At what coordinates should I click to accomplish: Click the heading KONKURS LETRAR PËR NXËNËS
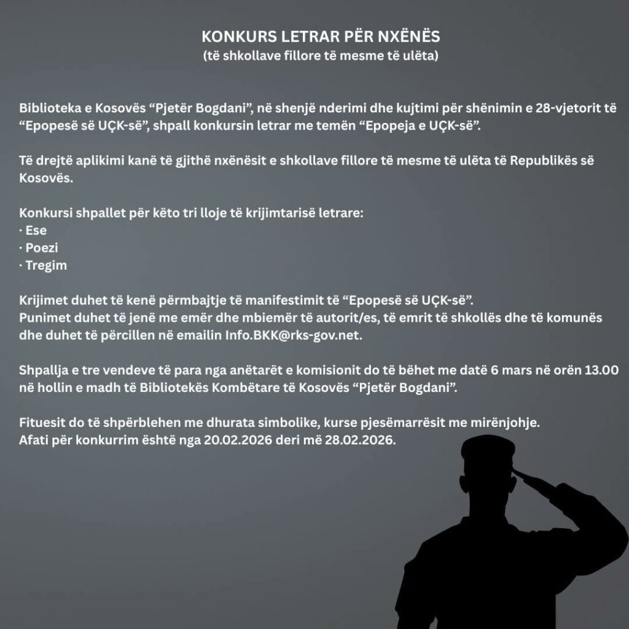321,36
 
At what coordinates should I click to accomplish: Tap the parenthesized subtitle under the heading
321,56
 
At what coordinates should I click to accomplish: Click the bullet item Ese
36,231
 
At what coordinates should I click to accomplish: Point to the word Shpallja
44,371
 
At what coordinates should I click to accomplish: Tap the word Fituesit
42,424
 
